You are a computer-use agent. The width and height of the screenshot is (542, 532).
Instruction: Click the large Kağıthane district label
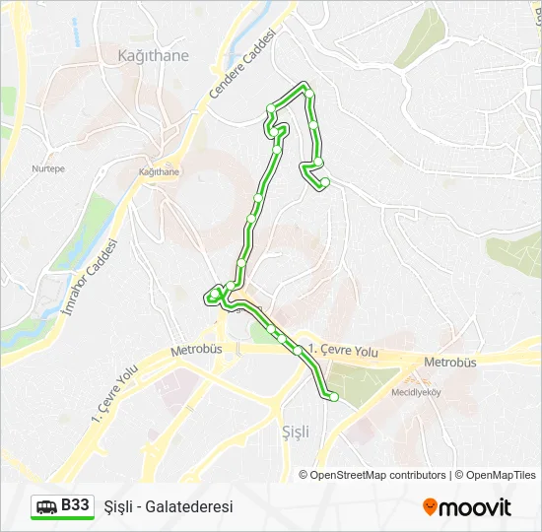[152, 56]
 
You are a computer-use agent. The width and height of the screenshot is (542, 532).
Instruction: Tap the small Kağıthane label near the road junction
[159, 171]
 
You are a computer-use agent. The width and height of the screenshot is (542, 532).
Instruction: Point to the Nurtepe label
[48, 168]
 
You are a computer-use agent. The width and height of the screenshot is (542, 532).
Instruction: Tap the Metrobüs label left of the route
[198, 350]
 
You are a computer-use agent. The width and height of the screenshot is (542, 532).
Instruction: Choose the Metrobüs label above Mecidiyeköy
[449, 362]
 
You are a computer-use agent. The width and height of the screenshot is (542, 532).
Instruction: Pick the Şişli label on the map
[295, 432]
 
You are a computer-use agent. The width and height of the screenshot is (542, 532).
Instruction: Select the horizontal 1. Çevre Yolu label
[343, 350]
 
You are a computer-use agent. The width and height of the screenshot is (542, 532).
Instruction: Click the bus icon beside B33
[46, 506]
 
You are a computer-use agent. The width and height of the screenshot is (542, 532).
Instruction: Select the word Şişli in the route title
[119, 506]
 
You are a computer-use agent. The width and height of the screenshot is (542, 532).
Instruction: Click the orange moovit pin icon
[430, 506]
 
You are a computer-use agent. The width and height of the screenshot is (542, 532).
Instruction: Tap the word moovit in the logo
[475, 507]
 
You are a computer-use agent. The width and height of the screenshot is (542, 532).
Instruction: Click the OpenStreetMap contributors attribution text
[377, 475]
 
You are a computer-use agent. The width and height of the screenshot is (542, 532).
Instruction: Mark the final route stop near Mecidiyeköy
[333, 397]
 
